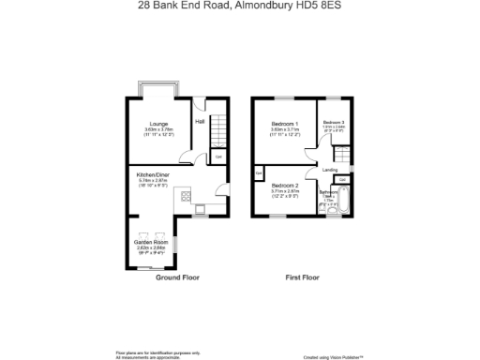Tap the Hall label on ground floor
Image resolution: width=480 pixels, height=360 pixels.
point(200,122)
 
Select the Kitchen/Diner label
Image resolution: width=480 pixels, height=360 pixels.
point(154,175)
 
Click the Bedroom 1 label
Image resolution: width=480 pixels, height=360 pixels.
point(285,124)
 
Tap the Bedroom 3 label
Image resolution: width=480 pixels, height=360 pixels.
point(335,123)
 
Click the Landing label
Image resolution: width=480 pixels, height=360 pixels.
point(330,170)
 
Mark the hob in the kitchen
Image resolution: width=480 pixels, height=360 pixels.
point(186,197)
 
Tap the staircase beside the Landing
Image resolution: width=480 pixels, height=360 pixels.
point(341,154)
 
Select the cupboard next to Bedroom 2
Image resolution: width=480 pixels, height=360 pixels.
point(258,173)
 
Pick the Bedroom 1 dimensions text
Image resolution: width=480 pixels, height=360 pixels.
point(285,132)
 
